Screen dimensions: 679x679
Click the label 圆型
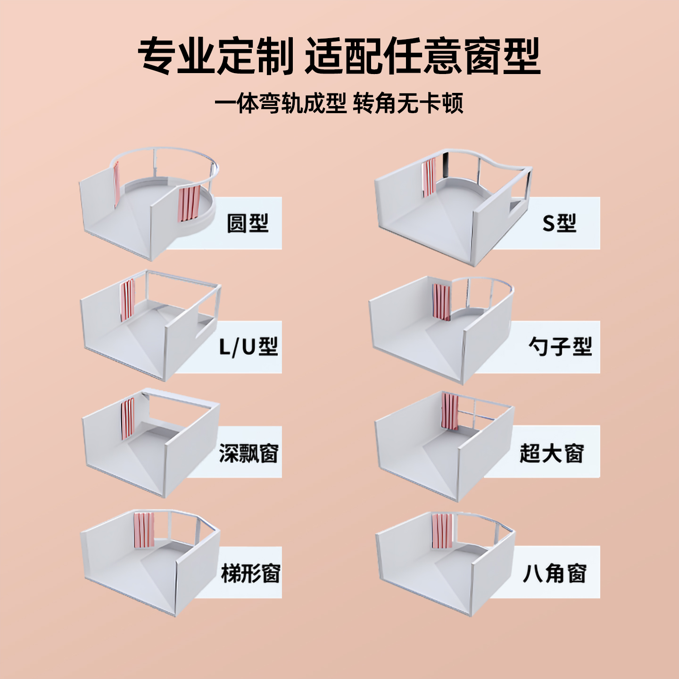coord(248,223)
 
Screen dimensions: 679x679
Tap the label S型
coord(559,223)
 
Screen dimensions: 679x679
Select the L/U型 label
coord(248,347)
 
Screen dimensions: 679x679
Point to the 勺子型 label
coord(560,347)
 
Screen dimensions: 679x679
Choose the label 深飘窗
coord(248,453)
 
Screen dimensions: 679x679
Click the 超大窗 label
coord(552,453)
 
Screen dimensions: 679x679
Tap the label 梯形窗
coord(250,573)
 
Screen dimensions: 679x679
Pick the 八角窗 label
coord(555,573)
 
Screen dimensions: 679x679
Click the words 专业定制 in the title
coord(216,57)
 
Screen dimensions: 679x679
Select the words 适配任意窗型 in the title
coord(422,57)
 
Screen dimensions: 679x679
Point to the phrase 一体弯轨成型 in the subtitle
coord(281,103)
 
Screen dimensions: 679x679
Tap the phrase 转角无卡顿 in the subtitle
coord(408,103)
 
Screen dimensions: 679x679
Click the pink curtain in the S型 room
coord(429,177)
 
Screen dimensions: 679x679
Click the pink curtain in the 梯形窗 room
coord(144,530)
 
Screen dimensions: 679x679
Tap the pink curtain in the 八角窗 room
coord(442,531)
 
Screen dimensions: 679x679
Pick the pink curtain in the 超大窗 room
coord(450,411)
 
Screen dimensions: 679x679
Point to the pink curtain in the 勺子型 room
coord(442,302)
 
